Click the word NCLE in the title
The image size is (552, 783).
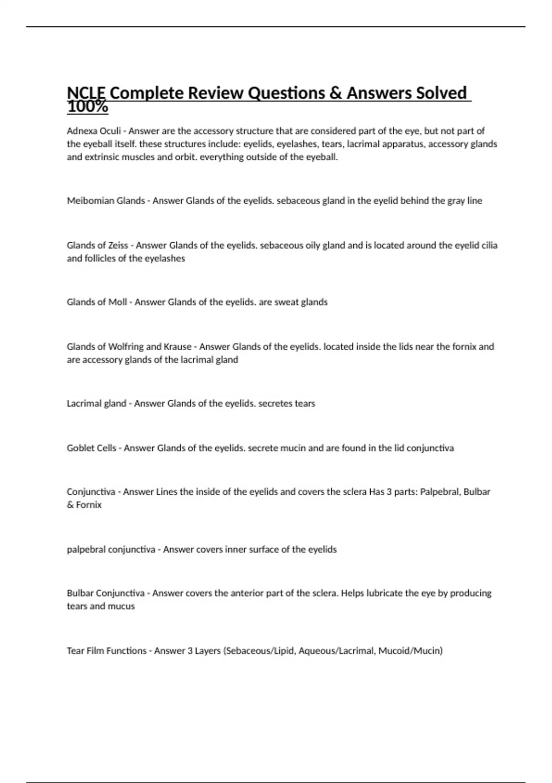[86, 93]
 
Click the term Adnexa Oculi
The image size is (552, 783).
[94, 131]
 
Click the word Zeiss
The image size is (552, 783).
[118, 245]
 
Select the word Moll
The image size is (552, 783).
[117, 302]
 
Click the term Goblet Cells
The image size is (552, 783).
[92, 448]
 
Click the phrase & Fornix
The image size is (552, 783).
[84, 505]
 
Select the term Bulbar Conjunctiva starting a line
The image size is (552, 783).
[105, 593]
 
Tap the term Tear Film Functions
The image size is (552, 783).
[106, 651]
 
